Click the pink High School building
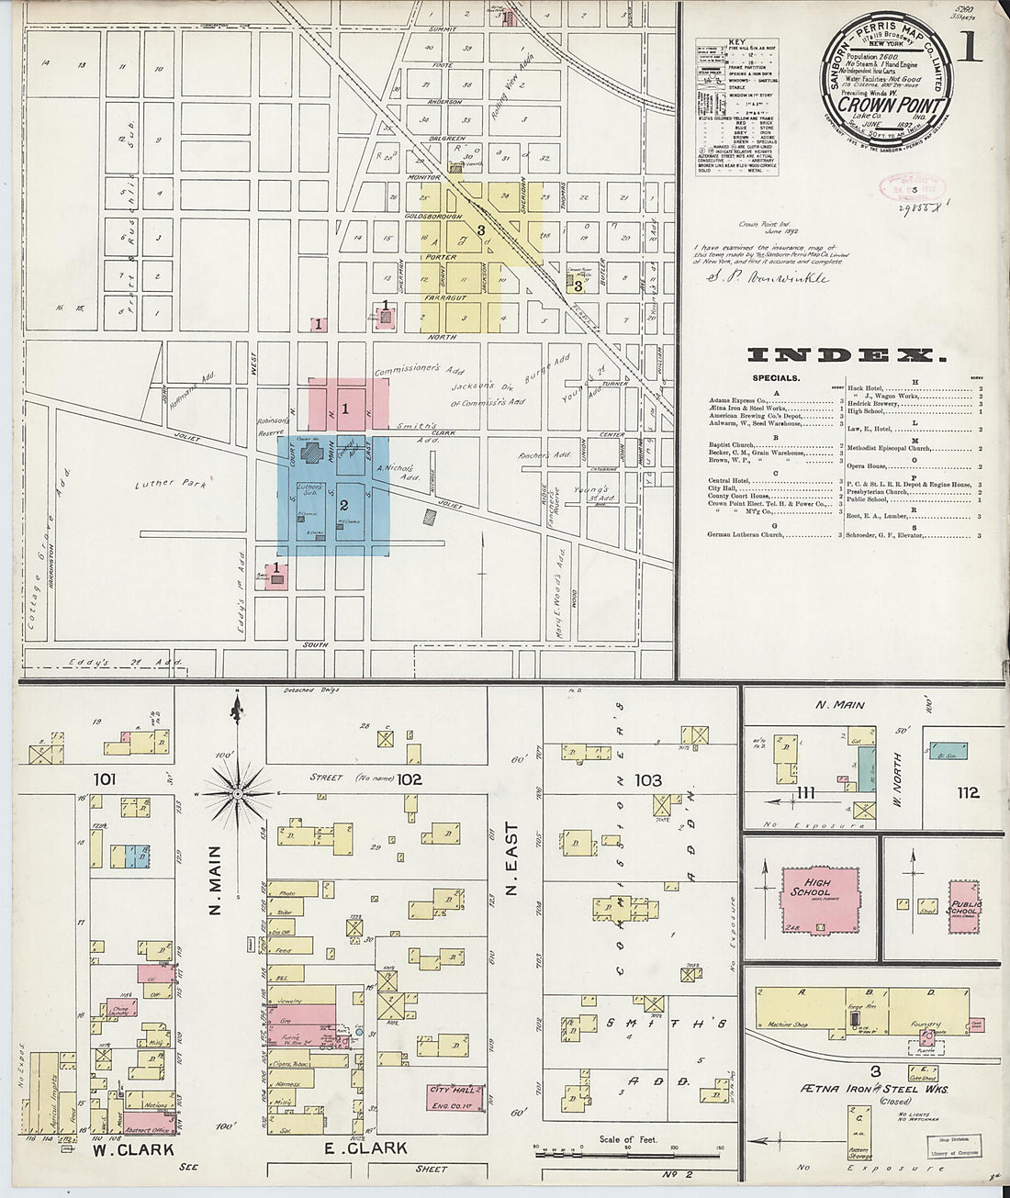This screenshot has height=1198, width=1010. click(819, 897)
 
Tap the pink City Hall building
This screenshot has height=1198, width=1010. click(455, 1096)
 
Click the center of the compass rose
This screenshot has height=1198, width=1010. click(237, 791)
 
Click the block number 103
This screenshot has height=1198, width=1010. click(648, 780)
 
